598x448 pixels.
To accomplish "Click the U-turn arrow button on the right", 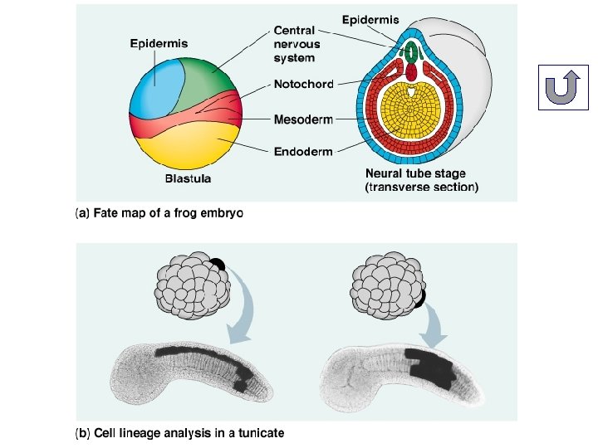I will [563, 86].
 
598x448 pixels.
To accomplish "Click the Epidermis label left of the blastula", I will [159, 43].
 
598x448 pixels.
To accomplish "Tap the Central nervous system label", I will [294, 44].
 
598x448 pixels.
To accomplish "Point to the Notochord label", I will [303, 84].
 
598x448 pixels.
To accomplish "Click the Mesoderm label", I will [303, 119].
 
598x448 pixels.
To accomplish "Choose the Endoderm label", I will [303, 151].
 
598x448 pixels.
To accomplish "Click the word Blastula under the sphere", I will [188, 178].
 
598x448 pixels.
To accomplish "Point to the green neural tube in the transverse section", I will [409, 51].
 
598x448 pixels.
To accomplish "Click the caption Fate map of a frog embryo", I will [159, 213].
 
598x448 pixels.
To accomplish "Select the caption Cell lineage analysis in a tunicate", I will [179, 432].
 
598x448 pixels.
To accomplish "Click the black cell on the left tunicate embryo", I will [217, 266].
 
